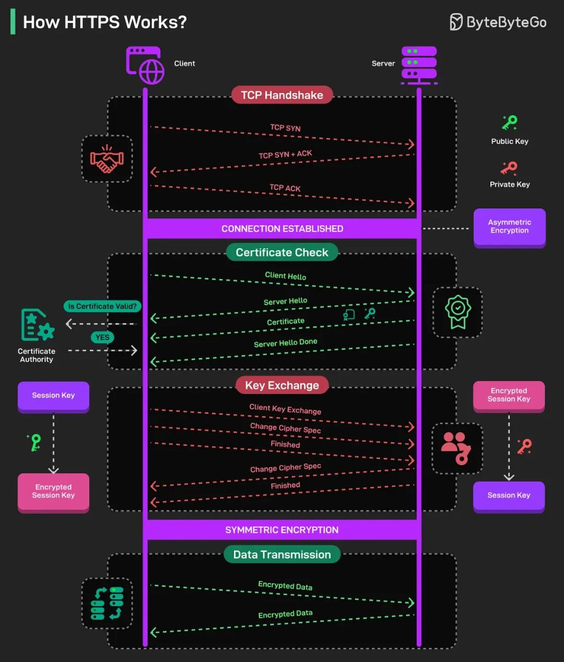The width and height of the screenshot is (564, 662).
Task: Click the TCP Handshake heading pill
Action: [282, 95]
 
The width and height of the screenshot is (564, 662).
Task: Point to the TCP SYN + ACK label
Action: [285, 154]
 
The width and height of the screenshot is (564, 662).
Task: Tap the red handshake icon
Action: [107, 159]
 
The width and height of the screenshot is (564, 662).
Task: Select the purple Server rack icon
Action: [419, 65]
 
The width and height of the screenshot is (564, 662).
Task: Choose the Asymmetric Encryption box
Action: [510, 227]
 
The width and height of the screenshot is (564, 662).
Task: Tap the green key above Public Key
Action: [510, 123]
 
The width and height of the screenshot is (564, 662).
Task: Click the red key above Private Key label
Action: [509, 168]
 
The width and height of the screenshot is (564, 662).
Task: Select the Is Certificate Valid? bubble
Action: [102, 306]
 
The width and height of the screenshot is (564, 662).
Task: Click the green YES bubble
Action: [102, 337]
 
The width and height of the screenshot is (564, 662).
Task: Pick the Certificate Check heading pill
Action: [282, 252]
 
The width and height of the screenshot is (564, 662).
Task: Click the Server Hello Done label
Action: [286, 343]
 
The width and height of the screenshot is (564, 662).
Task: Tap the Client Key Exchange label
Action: [285, 409]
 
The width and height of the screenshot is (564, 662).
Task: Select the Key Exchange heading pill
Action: [282, 385]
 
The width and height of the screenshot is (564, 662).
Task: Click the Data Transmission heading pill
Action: [282, 554]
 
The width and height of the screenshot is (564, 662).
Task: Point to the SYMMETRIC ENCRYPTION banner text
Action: [281, 530]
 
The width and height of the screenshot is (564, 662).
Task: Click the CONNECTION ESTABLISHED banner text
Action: [283, 229]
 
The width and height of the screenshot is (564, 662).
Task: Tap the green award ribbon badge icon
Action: [458, 312]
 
